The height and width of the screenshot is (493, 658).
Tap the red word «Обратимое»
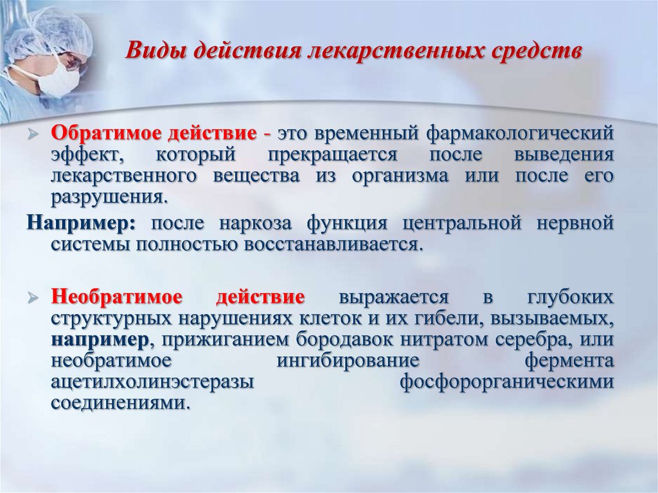[106, 134]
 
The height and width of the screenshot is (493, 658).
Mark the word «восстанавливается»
[332, 244]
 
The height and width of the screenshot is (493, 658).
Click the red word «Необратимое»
[117, 297]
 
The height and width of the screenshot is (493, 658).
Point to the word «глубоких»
[570, 298]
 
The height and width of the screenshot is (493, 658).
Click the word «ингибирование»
[348, 361]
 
